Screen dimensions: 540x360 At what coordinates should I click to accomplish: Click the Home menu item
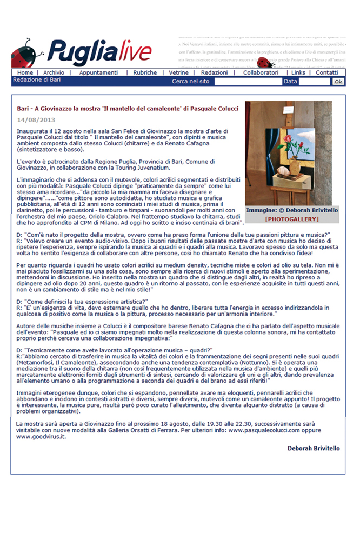click(25, 72)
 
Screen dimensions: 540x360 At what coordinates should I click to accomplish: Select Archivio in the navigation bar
click(54, 72)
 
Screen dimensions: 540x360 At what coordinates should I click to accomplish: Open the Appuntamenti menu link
click(98, 72)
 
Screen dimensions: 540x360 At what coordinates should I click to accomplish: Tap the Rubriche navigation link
click(145, 72)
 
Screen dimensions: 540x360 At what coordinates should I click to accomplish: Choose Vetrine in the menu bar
click(178, 72)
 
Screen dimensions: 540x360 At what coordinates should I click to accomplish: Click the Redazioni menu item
click(214, 72)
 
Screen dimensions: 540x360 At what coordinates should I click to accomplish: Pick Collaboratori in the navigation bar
click(261, 72)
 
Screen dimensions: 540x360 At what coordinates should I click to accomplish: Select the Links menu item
click(298, 72)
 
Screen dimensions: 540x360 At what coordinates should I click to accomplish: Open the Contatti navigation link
click(327, 72)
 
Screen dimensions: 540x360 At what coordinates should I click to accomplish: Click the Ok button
click(338, 82)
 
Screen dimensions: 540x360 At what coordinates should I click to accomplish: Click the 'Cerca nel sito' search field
click(248, 82)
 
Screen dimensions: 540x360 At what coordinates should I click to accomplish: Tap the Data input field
click(314, 82)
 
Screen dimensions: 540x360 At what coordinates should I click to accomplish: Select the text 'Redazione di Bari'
click(36, 81)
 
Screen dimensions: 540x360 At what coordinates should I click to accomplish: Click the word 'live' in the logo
click(134, 53)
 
